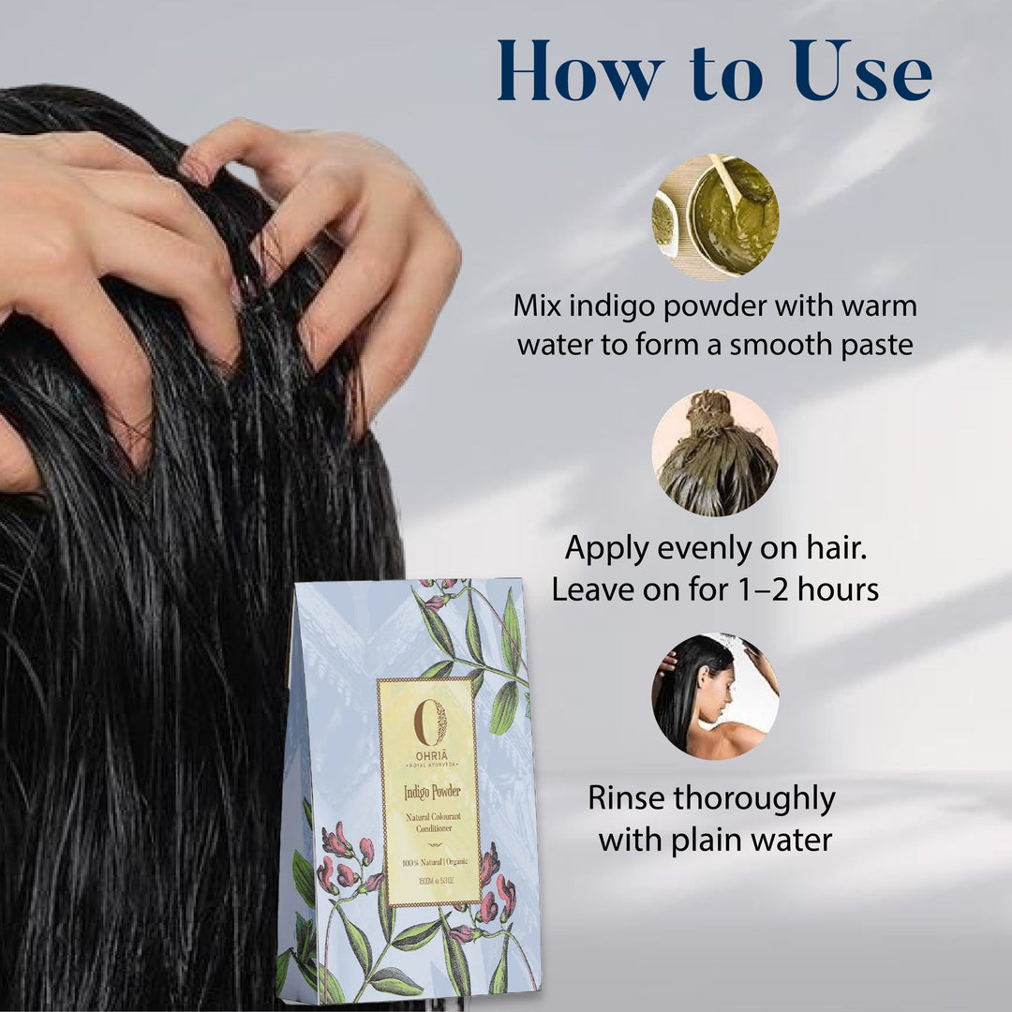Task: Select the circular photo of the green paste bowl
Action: [x=716, y=216]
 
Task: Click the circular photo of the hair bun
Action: [x=715, y=453]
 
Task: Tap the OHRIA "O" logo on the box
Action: [x=430, y=722]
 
